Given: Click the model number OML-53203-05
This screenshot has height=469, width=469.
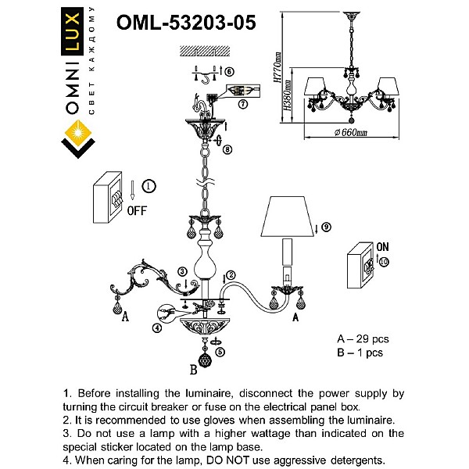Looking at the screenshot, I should [x=185, y=23].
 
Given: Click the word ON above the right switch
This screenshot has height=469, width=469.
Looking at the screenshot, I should [x=382, y=246].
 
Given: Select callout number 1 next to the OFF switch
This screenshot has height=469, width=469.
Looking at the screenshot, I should [x=150, y=185].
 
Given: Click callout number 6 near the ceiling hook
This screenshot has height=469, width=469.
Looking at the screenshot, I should [x=230, y=72].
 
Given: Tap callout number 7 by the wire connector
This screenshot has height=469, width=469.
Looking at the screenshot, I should [x=243, y=103].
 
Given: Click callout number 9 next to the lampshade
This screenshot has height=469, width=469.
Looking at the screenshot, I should [x=326, y=227].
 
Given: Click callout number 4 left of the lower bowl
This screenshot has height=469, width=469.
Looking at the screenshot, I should [x=157, y=328].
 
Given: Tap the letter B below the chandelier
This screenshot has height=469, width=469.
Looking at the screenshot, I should [x=193, y=371].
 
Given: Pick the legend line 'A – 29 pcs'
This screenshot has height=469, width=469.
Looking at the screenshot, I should [x=362, y=339].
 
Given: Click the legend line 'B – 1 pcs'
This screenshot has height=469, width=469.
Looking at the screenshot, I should [x=360, y=353].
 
